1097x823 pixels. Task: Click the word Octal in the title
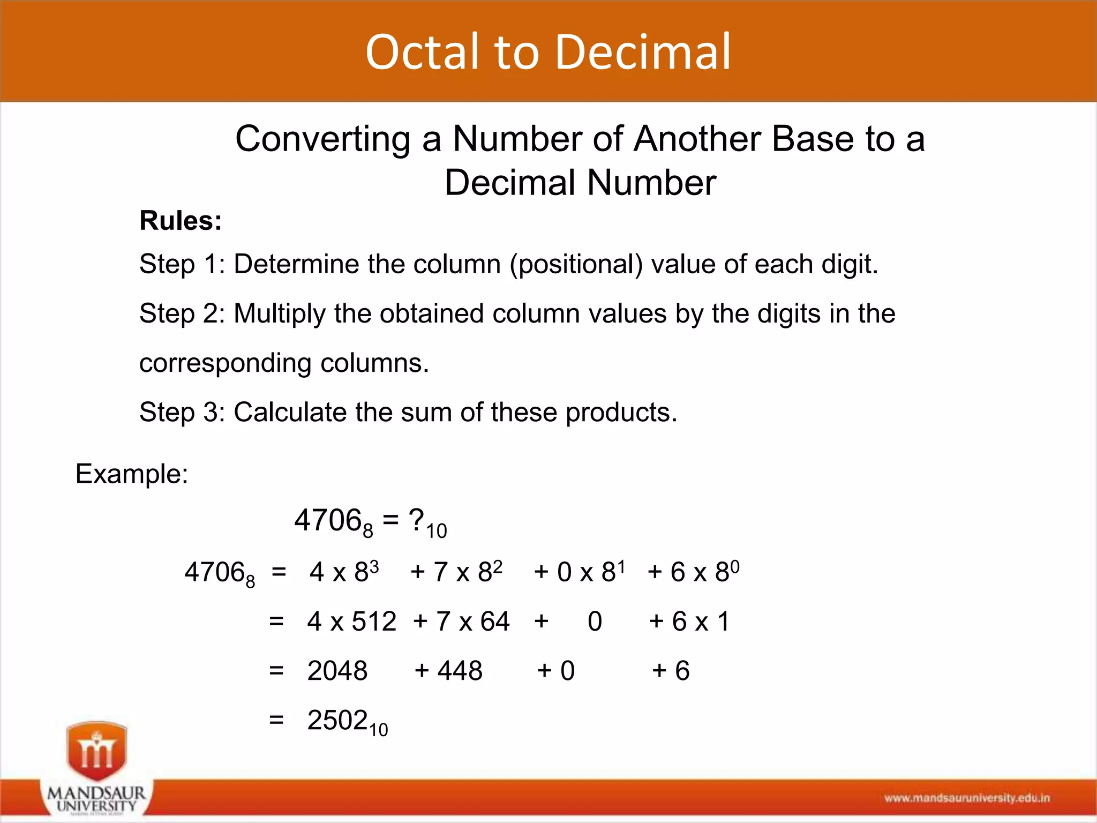click(x=422, y=52)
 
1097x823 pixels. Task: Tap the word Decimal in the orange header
click(x=642, y=52)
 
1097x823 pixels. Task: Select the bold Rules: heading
click(x=181, y=221)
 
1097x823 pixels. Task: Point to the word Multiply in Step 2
click(x=279, y=313)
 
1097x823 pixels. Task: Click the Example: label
click(x=132, y=474)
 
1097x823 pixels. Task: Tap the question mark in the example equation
click(x=416, y=519)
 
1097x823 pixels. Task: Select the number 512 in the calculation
click(x=374, y=622)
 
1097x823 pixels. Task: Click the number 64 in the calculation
click(x=494, y=622)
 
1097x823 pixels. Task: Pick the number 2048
click(x=337, y=671)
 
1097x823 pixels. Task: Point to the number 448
click(x=460, y=671)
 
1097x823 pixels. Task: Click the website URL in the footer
click(x=967, y=798)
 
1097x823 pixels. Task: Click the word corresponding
click(x=225, y=363)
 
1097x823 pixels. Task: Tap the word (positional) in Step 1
click(x=576, y=264)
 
